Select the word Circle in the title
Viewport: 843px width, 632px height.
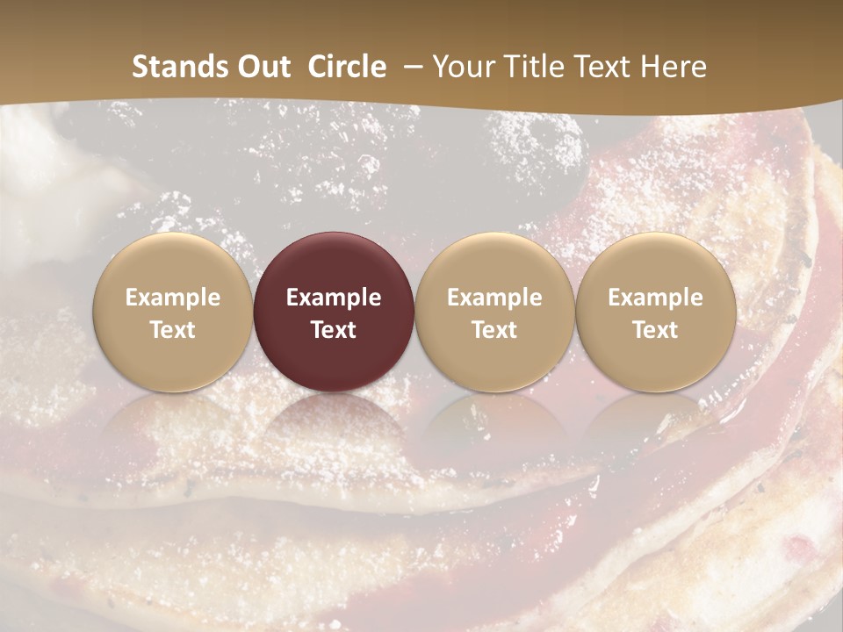[x=347, y=67]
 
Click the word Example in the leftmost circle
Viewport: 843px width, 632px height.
[x=173, y=298]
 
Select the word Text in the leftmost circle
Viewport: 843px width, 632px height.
[x=173, y=330]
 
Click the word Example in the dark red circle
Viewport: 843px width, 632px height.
[x=334, y=298]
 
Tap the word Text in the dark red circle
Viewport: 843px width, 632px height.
[x=334, y=330]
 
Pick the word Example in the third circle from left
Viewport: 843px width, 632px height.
[x=494, y=298]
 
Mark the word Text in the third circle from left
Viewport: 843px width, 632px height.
[x=494, y=330]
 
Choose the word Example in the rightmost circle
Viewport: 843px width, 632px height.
[x=656, y=298]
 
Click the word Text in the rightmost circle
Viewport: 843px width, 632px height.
[x=656, y=330]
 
